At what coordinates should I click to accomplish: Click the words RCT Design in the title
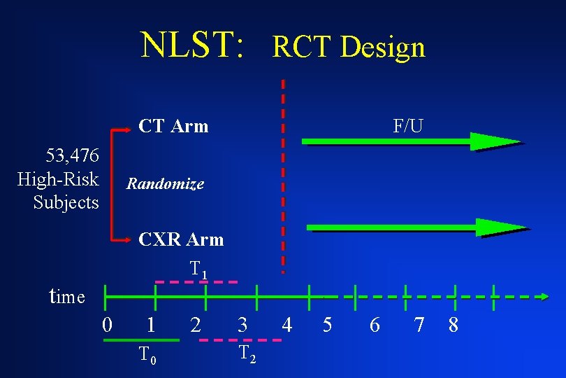click(348, 47)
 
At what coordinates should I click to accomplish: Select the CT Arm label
click(173, 126)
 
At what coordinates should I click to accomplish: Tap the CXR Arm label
click(181, 239)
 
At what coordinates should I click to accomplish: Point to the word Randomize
click(165, 184)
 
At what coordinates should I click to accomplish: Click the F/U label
click(407, 126)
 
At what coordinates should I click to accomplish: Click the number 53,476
click(72, 155)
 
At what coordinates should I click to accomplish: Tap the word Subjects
click(66, 203)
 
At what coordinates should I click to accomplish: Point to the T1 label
click(198, 269)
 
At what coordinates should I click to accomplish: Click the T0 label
click(146, 355)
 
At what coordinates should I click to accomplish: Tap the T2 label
click(247, 354)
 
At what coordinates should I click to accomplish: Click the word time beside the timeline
click(67, 297)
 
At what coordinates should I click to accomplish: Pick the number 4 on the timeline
click(286, 325)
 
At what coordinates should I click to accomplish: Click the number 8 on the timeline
click(453, 325)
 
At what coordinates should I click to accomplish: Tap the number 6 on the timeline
click(375, 325)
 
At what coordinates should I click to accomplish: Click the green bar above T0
click(140, 340)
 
